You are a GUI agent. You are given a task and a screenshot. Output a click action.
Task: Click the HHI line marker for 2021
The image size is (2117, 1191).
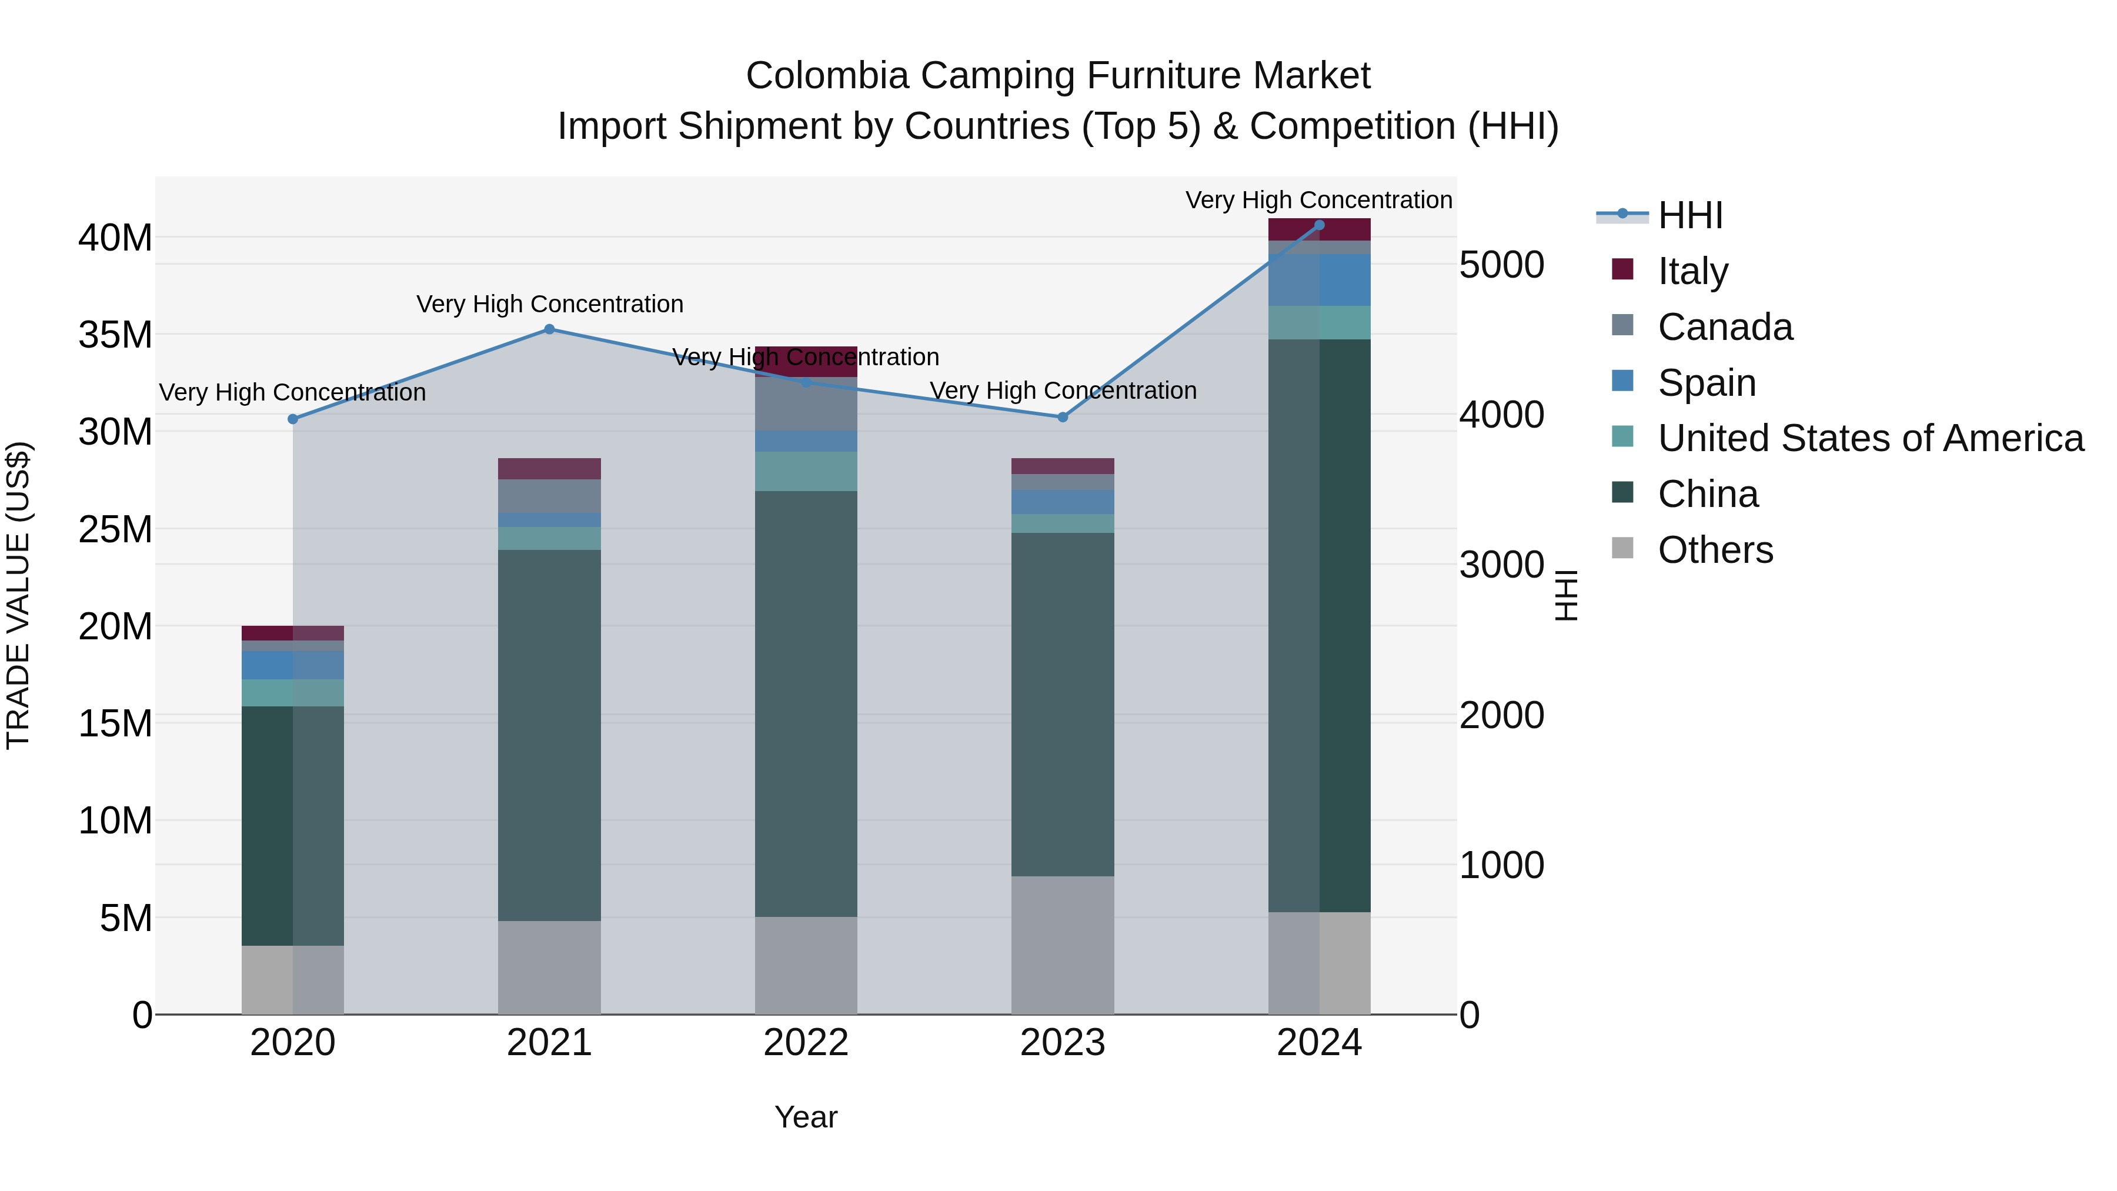tap(550, 329)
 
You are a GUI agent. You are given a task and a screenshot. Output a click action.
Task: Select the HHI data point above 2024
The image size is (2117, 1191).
tap(1319, 225)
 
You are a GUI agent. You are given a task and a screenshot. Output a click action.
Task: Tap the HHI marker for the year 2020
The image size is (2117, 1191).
tap(293, 419)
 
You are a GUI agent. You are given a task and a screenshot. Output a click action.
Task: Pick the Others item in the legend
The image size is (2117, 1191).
tap(1714, 550)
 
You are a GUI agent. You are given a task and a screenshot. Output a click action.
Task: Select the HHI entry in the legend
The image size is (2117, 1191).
tap(1689, 215)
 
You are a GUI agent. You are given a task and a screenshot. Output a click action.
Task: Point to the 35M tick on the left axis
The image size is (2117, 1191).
tap(115, 335)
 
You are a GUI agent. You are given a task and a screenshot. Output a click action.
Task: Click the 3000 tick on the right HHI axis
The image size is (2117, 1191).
tap(1501, 565)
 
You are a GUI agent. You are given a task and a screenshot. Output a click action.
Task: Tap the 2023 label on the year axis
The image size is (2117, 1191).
tap(1063, 1043)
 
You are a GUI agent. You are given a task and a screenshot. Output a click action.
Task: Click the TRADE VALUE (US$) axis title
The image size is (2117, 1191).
tap(18, 595)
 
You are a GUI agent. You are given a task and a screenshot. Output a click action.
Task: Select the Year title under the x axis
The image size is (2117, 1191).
tap(806, 1117)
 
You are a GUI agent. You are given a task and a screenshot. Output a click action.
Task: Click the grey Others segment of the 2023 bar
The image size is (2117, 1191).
tap(1063, 945)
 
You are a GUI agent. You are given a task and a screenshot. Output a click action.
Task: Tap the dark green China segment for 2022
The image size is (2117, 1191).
tap(806, 703)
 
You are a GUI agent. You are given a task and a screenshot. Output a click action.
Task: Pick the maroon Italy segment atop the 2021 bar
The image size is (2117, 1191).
tap(549, 469)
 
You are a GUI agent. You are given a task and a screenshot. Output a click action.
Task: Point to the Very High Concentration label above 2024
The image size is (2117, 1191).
tap(1318, 201)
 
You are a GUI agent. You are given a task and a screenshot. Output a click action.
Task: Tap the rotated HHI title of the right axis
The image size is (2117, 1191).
tap(1567, 595)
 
